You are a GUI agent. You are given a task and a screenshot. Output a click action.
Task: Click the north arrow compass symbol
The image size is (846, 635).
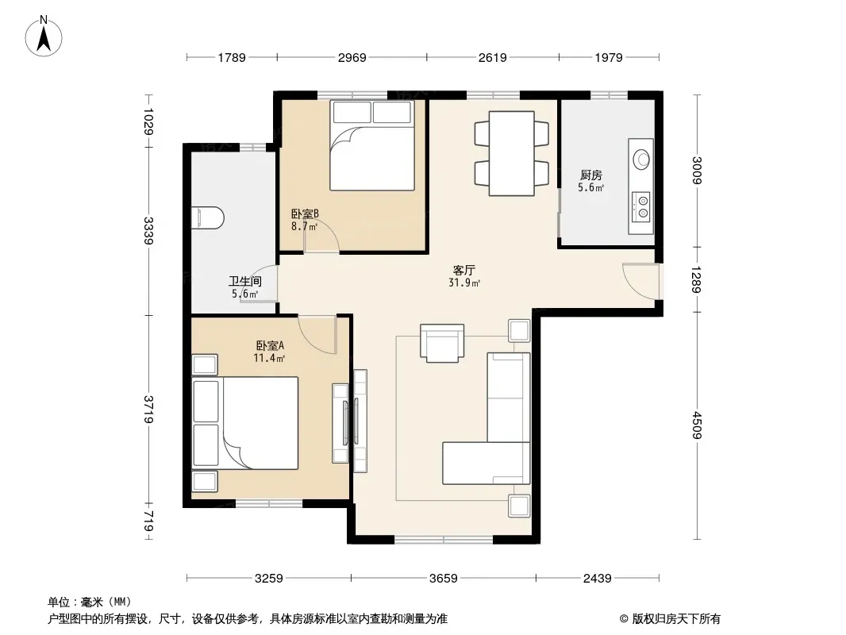tap(44, 36)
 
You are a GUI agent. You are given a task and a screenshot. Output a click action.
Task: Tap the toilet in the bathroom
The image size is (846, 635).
tap(208, 217)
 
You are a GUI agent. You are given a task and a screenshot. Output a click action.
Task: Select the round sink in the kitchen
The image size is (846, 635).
tap(641, 159)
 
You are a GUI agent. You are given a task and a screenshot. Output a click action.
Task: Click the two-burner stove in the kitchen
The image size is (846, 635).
tap(642, 206)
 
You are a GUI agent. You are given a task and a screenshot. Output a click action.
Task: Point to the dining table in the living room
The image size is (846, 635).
tap(511, 153)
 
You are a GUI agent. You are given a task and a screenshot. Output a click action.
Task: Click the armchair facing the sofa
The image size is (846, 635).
tap(442, 343)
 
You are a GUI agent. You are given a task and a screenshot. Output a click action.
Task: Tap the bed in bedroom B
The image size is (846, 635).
tap(372, 145)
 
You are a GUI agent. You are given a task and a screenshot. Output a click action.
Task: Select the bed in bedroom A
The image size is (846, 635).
tap(245, 423)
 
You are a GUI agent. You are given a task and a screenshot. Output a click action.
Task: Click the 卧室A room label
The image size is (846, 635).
tap(270, 345)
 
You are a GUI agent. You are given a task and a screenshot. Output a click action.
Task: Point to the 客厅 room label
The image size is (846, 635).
tap(464, 270)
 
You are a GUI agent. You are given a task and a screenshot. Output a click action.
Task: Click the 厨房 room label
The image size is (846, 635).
tap(590, 175)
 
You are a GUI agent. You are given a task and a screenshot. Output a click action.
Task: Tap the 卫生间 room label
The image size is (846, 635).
tap(245, 281)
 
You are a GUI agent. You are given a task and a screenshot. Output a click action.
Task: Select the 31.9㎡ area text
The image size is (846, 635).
tap(464, 283)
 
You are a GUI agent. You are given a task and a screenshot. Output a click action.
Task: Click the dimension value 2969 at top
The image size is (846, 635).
tap(352, 57)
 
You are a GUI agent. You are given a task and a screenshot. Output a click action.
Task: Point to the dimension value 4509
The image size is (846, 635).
tap(697, 425)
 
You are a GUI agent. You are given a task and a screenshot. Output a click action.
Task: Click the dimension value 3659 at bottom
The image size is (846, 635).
tap(444, 579)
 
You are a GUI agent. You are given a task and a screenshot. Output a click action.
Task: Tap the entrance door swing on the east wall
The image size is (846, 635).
tap(640, 281)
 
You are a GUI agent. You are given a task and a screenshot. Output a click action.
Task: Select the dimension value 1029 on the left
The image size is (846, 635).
tap(148, 122)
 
